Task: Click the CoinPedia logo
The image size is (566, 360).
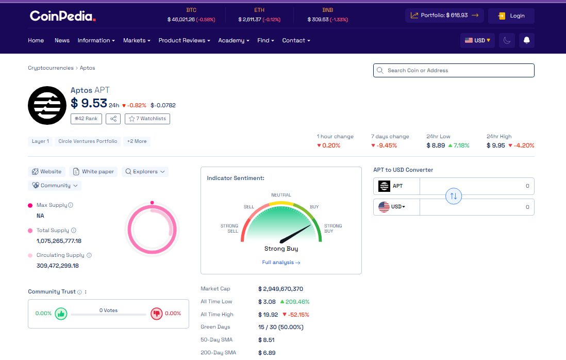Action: click(62, 16)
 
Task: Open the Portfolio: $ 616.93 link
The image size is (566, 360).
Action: click(444, 15)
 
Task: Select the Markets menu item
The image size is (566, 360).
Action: click(136, 40)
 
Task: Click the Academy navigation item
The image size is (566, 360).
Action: click(233, 40)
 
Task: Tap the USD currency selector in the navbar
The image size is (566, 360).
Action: click(477, 40)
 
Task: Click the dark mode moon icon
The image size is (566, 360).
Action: click(507, 40)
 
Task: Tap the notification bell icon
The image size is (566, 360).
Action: click(526, 40)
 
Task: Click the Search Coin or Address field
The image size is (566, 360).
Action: click(454, 70)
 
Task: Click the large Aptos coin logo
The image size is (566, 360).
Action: click(47, 105)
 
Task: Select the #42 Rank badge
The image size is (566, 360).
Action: click(86, 119)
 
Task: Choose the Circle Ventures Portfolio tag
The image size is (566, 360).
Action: click(88, 141)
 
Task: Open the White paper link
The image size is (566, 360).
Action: click(93, 172)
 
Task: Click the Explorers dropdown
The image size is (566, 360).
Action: click(145, 172)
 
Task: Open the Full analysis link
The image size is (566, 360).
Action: click(281, 263)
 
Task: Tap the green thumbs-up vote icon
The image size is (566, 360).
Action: click(61, 314)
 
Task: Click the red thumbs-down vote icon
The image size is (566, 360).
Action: click(156, 314)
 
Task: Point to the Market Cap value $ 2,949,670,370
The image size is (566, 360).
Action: click(280, 289)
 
